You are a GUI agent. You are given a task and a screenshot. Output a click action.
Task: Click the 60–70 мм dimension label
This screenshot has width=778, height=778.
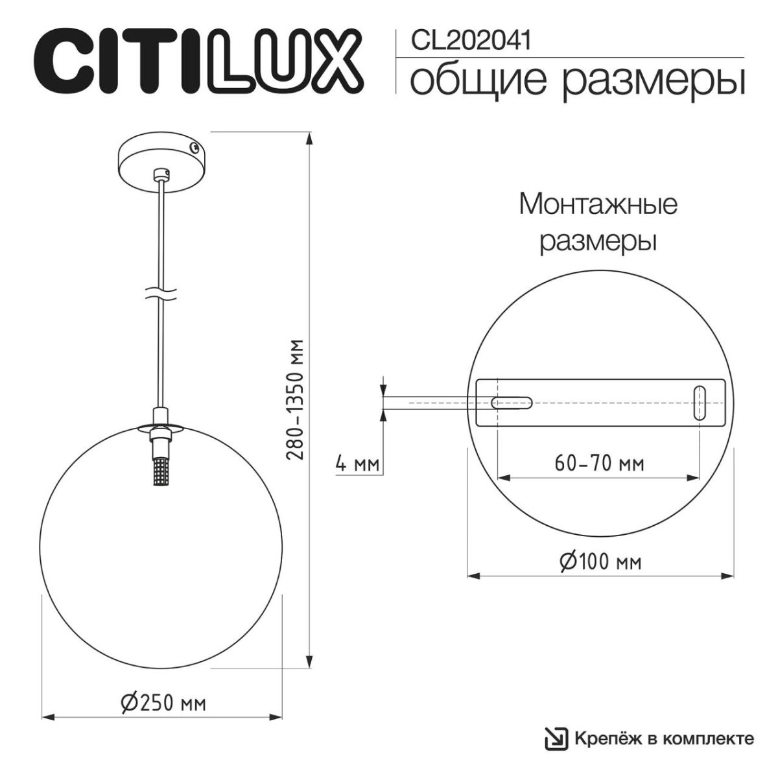coord(599,464)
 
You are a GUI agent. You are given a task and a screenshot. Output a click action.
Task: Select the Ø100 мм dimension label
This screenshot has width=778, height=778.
coord(600,561)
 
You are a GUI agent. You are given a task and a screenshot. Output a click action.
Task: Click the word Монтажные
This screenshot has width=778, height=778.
coord(598,205)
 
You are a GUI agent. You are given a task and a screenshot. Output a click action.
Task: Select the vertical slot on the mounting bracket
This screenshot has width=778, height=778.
coord(700,403)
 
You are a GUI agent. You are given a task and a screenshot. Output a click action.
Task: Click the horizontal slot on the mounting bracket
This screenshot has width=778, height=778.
coord(513,403)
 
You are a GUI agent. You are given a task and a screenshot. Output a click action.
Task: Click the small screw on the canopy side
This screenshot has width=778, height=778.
coord(193,148)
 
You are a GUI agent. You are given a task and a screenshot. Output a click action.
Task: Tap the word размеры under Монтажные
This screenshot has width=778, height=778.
coord(598,241)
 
